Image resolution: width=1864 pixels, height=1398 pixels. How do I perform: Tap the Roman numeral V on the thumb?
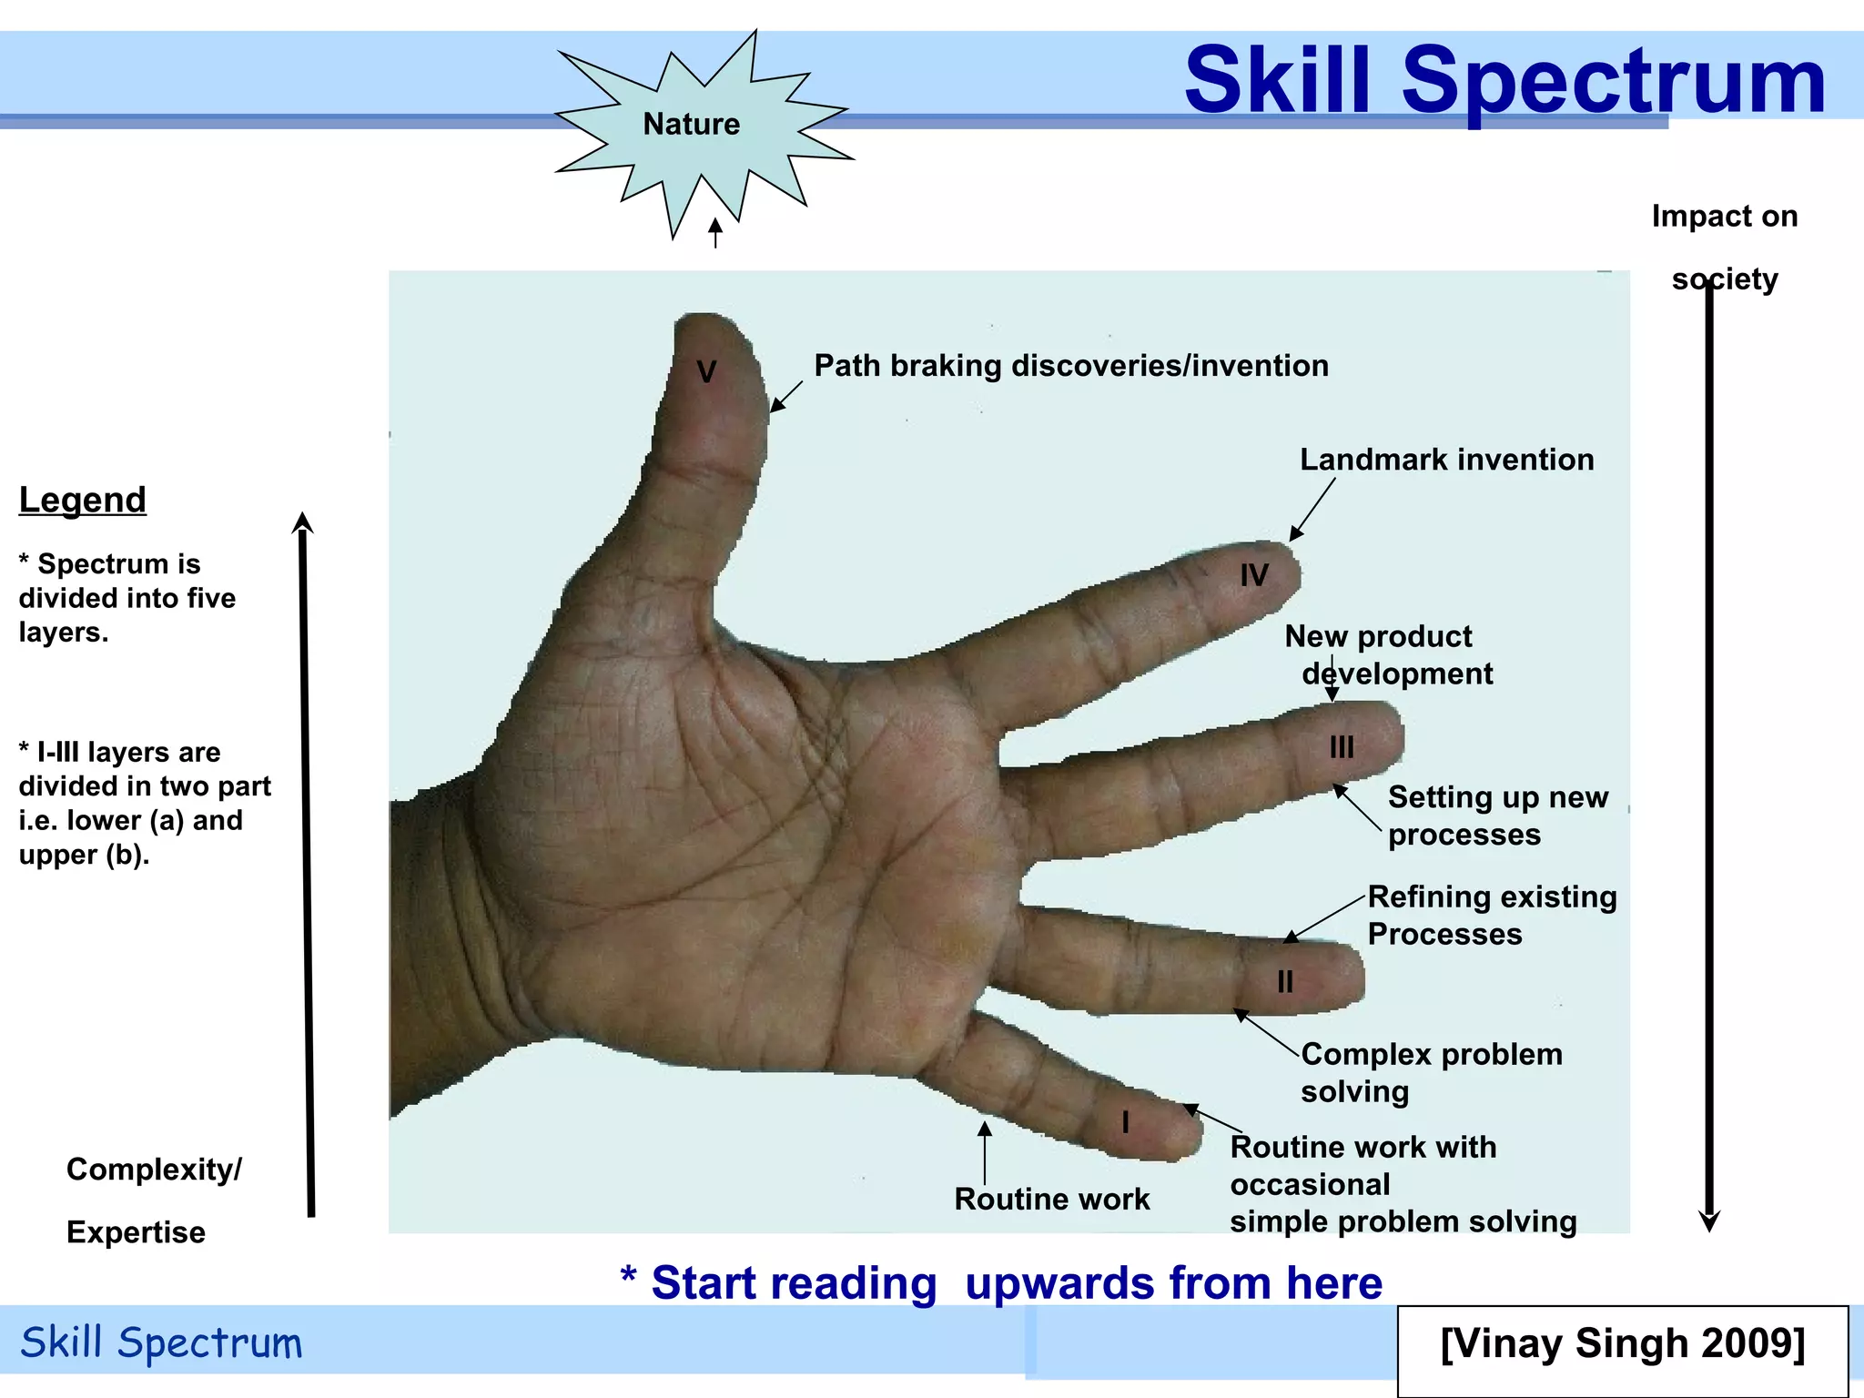click(706, 371)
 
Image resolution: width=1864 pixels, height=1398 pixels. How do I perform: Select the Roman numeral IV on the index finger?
click(1254, 575)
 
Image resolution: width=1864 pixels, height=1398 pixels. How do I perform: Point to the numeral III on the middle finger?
click(1342, 747)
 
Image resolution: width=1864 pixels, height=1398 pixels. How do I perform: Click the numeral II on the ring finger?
click(1284, 982)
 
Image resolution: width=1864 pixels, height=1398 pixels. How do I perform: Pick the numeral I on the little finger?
click(1126, 1122)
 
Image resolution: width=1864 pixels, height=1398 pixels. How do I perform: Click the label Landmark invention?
click(1446, 460)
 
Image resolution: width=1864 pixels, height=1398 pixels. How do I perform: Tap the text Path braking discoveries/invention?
click(1070, 366)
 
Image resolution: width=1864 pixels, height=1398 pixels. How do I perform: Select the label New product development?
click(1387, 655)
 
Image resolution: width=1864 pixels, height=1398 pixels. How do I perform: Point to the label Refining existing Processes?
click(1491, 916)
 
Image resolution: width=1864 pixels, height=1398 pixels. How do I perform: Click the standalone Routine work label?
click(1051, 1200)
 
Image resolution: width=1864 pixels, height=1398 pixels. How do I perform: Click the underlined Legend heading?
click(83, 500)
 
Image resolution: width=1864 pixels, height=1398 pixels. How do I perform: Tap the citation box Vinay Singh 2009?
click(1622, 1344)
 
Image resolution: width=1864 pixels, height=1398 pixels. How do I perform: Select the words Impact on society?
click(1724, 248)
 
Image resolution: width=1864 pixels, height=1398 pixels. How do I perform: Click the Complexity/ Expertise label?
click(153, 1200)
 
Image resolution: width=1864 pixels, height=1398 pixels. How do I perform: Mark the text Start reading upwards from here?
click(1001, 1283)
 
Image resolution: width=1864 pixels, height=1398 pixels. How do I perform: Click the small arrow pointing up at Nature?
click(715, 233)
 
